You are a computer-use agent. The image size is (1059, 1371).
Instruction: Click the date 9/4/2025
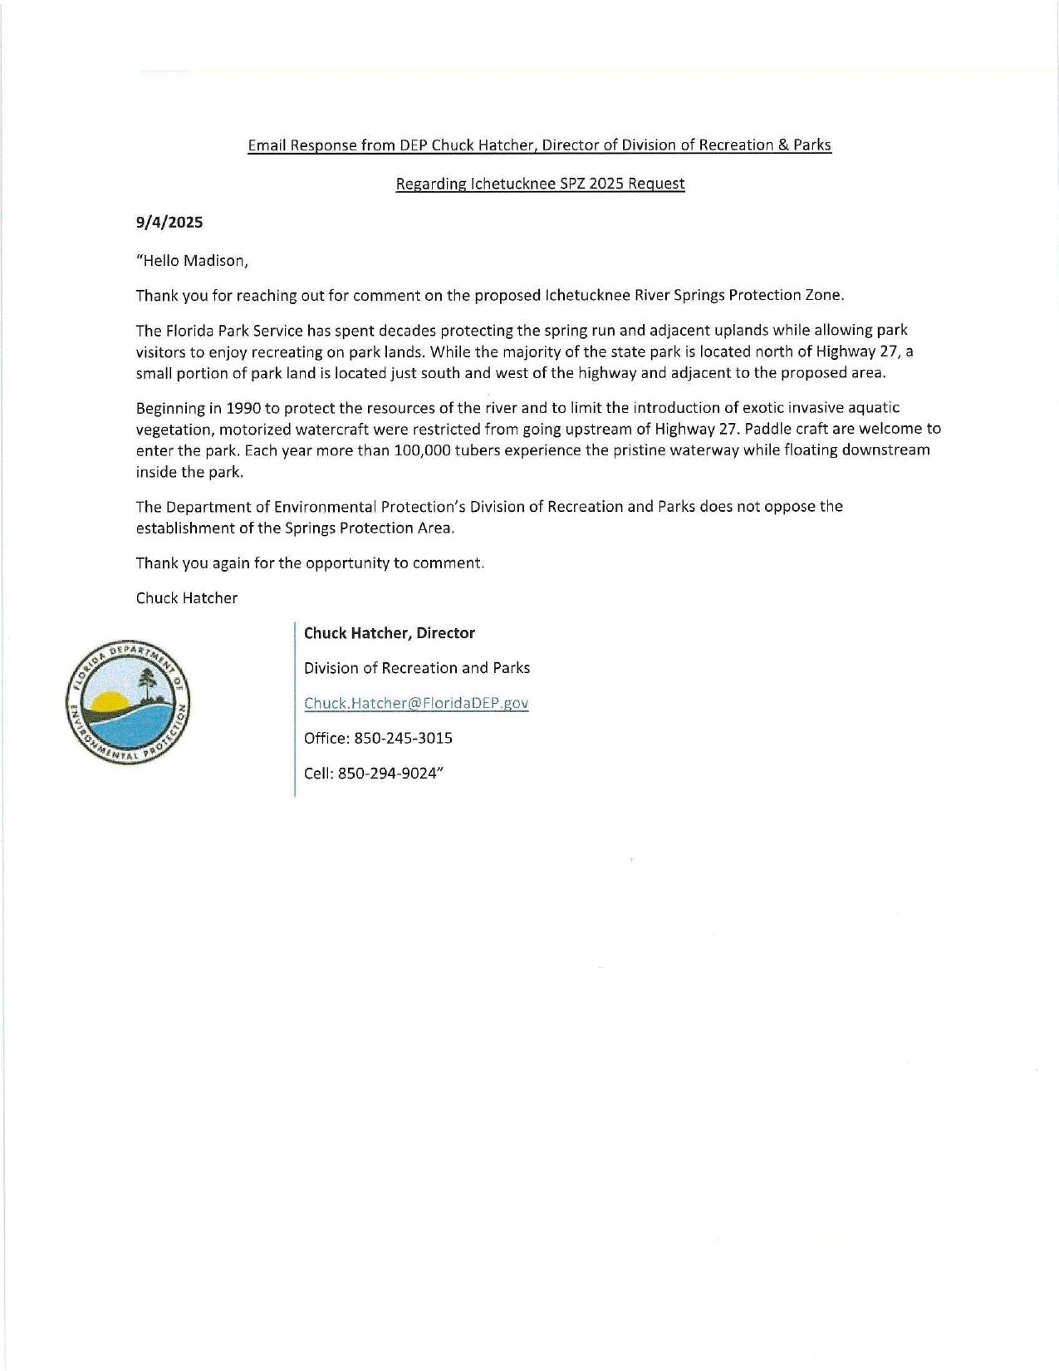coord(169,223)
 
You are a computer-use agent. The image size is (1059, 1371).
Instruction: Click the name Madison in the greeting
coord(214,261)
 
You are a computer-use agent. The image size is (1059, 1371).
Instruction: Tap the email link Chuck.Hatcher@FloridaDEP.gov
coord(416,703)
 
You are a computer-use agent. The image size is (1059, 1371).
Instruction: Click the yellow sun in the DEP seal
coord(109,702)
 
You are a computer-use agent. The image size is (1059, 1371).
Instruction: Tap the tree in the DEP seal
coord(149,685)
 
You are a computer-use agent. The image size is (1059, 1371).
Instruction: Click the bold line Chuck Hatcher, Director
coord(389,633)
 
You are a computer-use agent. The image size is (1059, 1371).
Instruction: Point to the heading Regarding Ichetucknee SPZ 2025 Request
coord(540,184)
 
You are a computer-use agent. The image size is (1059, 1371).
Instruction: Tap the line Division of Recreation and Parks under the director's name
coord(416,668)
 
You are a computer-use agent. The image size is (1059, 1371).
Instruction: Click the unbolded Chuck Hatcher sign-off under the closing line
coord(187,598)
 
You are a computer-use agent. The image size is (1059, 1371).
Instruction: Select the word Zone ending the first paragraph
coord(824,296)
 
